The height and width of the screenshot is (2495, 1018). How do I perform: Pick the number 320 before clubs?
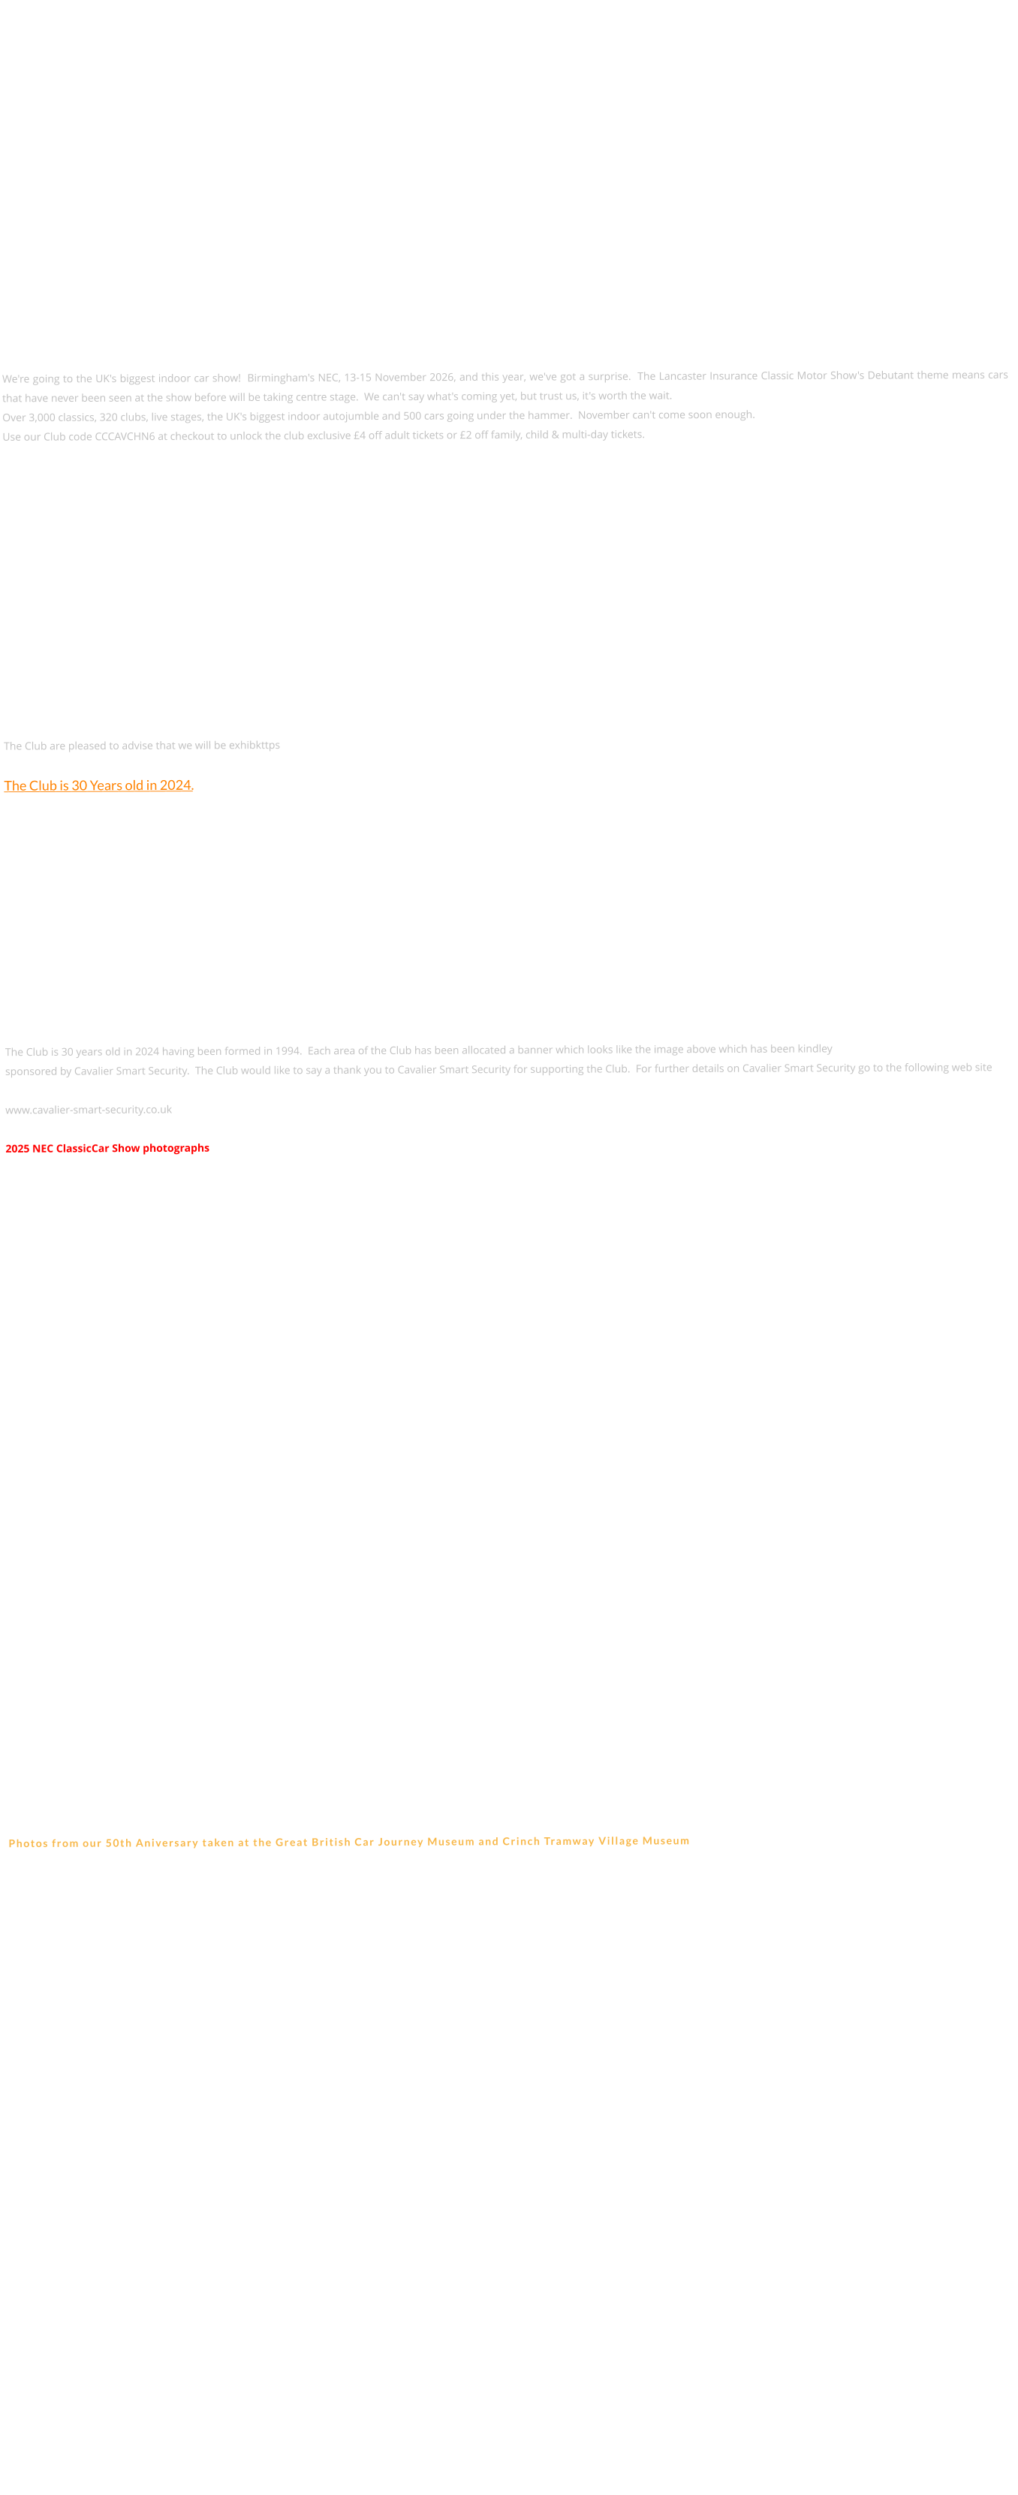pyautogui.click(x=109, y=417)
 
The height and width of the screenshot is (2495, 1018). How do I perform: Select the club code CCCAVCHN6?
pyautogui.click(x=124, y=437)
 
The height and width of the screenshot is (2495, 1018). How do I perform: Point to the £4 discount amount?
pyautogui.click(x=360, y=435)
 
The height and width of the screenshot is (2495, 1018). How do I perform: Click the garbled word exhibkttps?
pyautogui.click(x=254, y=745)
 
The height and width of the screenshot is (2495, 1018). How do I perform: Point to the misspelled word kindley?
pyautogui.click(x=815, y=1049)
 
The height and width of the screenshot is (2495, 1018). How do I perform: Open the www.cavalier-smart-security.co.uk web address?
pyautogui.click(x=88, y=1110)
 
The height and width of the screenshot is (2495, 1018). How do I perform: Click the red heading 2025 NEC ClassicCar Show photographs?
pyautogui.click(x=107, y=1149)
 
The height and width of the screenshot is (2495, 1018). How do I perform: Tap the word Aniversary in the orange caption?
pyautogui.click(x=167, y=1843)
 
